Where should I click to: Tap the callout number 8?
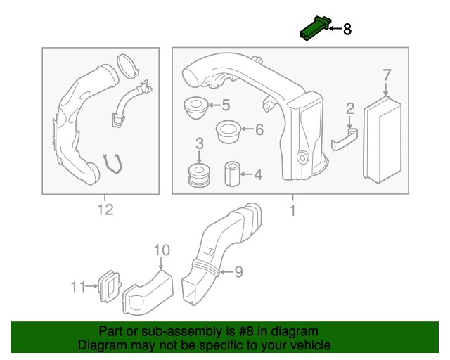pyautogui.click(x=347, y=30)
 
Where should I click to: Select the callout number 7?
pyautogui.click(x=386, y=75)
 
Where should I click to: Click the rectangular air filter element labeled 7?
pyautogui.click(x=382, y=141)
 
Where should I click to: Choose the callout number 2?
pyautogui.click(x=349, y=108)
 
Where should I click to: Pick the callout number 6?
pyautogui.click(x=258, y=129)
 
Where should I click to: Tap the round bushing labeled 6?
pyautogui.click(x=227, y=130)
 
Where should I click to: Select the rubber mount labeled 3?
pyautogui.click(x=200, y=174)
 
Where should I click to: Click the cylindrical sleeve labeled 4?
pyautogui.click(x=232, y=174)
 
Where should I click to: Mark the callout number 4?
pyautogui.click(x=258, y=174)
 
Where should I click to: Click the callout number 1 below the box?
pyautogui.click(x=291, y=210)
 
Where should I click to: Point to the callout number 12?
pyautogui.click(x=105, y=210)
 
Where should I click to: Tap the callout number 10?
pyautogui.click(x=161, y=250)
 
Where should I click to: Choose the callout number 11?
pyautogui.click(x=77, y=286)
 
